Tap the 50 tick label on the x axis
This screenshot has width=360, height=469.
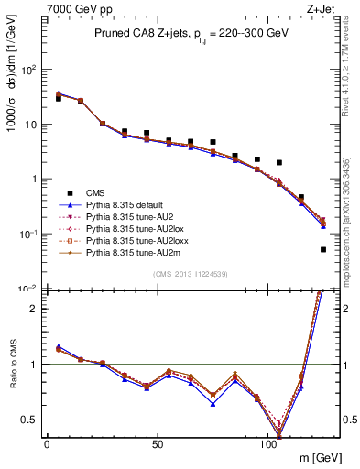tap(158, 443)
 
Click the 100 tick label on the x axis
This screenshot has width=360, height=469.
tap(268, 443)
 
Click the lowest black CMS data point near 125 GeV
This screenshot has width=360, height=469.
tap(323, 249)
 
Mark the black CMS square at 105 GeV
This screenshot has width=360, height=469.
tap(279, 162)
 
